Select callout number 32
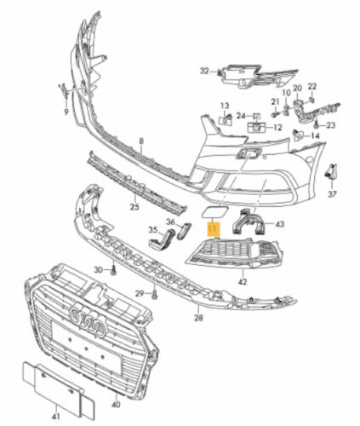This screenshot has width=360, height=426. coord(204,70)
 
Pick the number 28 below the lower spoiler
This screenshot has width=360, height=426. coord(198,318)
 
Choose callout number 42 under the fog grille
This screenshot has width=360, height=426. coord(242,280)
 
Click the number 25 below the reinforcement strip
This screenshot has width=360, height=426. coord(134,207)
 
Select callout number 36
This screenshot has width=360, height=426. coord(170,222)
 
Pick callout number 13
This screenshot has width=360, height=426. coord(226,105)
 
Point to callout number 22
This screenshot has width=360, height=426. coord(312,87)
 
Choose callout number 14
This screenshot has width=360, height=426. coord(316,135)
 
